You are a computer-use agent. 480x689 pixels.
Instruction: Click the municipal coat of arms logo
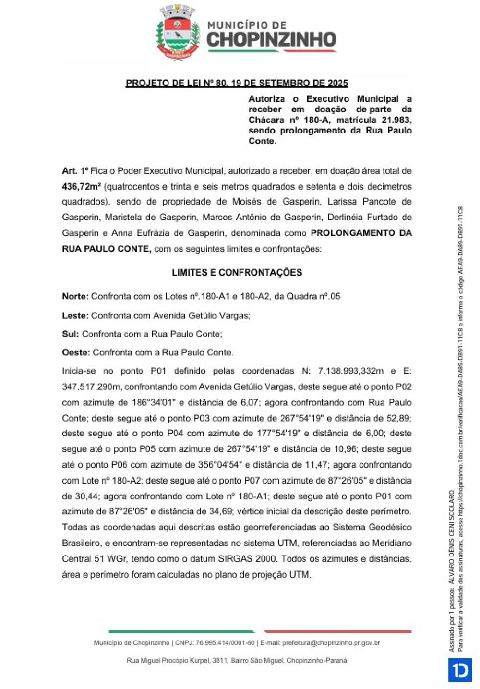[x=178, y=33]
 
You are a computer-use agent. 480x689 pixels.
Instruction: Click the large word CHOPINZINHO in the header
[x=271, y=40]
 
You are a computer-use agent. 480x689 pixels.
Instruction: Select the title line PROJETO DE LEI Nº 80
[x=237, y=83]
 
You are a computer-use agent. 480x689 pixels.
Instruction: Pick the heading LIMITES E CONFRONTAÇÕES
[x=237, y=272]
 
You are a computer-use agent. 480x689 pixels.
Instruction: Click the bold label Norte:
[x=75, y=296]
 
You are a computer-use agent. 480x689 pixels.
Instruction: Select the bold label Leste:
[x=75, y=315]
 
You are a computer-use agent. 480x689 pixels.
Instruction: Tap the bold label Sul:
[x=70, y=334]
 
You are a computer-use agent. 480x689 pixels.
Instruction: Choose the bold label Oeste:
[x=76, y=352]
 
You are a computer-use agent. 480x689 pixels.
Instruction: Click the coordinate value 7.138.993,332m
[x=349, y=371]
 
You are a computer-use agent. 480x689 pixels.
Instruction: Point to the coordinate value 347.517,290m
[x=91, y=387]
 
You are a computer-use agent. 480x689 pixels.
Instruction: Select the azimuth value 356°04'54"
[x=224, y=465]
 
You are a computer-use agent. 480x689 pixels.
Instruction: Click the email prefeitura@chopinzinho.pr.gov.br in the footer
[x=331, y=643]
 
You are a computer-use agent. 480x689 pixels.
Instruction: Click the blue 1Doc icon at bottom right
[x=459, y=670]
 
